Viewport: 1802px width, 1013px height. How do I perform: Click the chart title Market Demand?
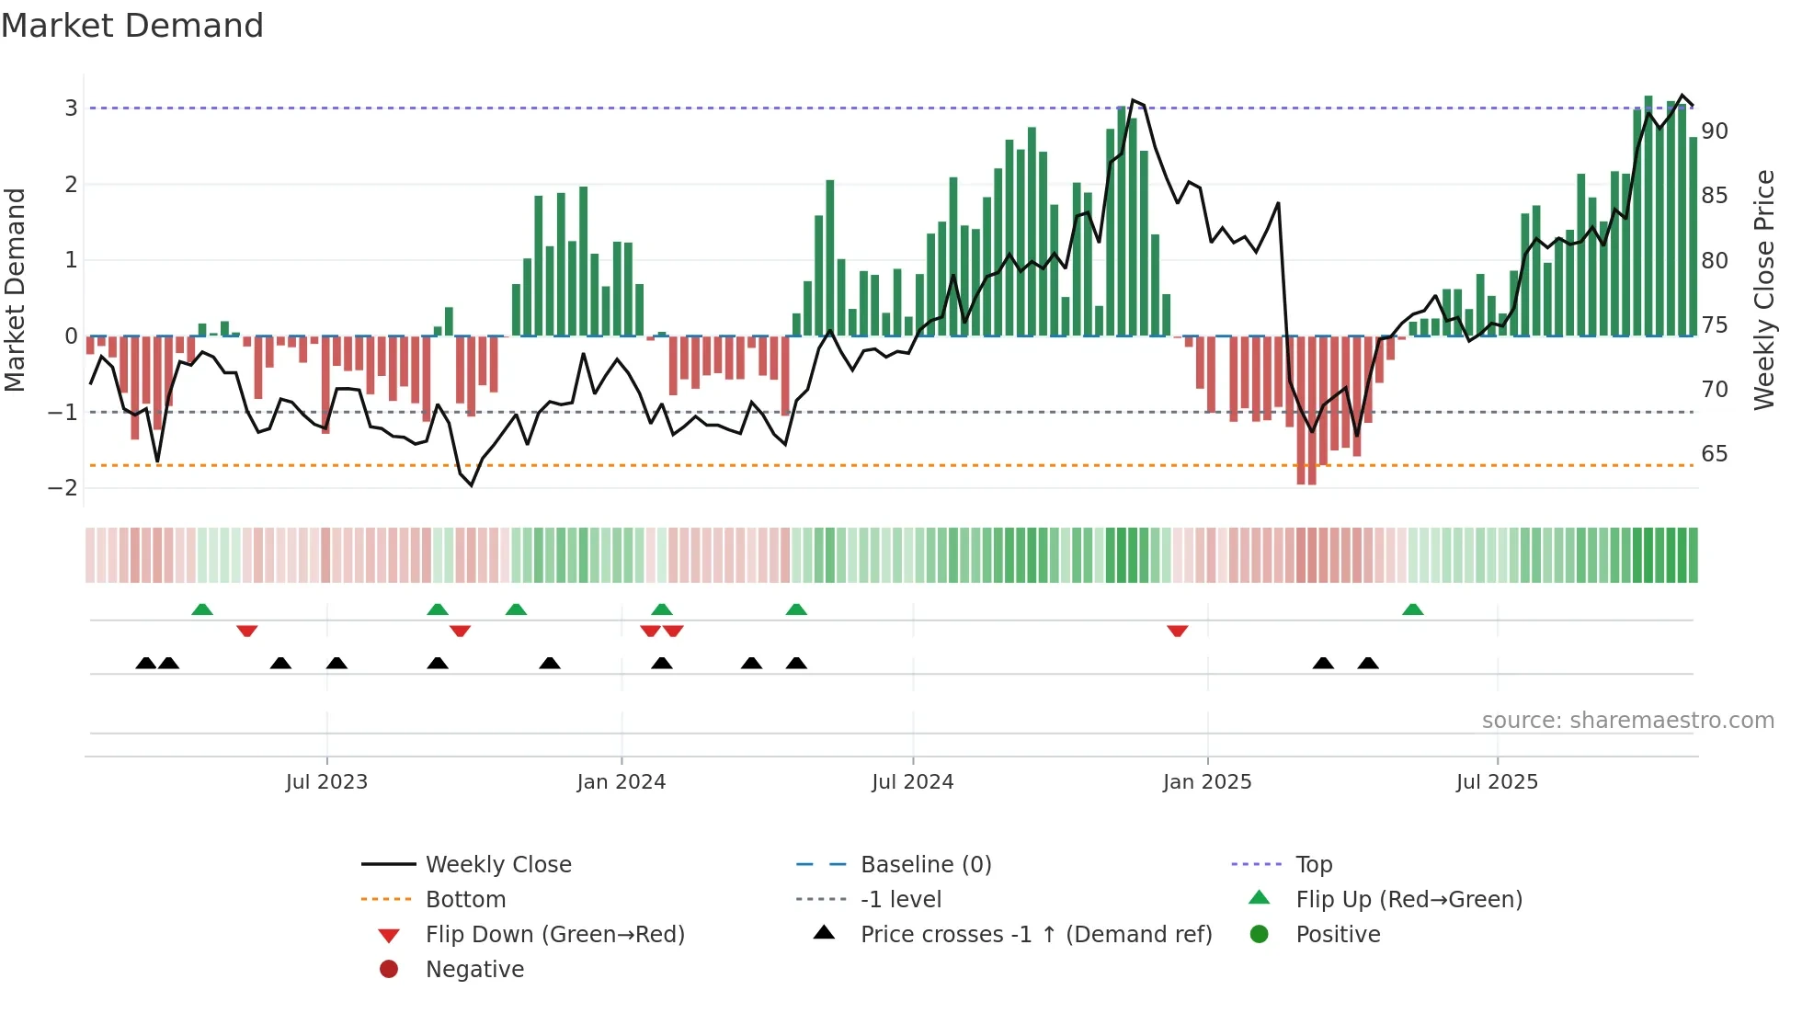tap(132, 26)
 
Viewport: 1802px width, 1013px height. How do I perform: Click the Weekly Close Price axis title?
tap(1763, 290)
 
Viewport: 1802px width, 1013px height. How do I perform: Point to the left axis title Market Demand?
tap(15, 290)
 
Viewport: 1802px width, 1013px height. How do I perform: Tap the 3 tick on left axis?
tap(71, 108)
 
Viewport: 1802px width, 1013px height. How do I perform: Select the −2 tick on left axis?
tap(63, 488)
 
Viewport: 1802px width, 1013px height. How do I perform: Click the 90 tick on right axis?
tap(1714, 131)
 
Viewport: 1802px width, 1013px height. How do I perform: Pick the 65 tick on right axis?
tap(1714, 454)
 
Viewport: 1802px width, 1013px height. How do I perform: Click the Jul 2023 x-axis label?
tap(326, 782)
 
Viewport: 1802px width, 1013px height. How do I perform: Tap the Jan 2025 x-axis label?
tap(1206, 782)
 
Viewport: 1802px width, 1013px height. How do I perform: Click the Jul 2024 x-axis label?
tap(912, 782)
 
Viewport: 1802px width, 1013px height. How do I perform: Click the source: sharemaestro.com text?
tap(1627, 721)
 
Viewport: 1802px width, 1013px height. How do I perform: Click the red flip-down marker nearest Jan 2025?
tap(1177, 631)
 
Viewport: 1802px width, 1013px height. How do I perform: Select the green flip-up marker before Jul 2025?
tap(1412, 609)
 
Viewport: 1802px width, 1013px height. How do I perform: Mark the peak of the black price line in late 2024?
tap(1133, 99)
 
